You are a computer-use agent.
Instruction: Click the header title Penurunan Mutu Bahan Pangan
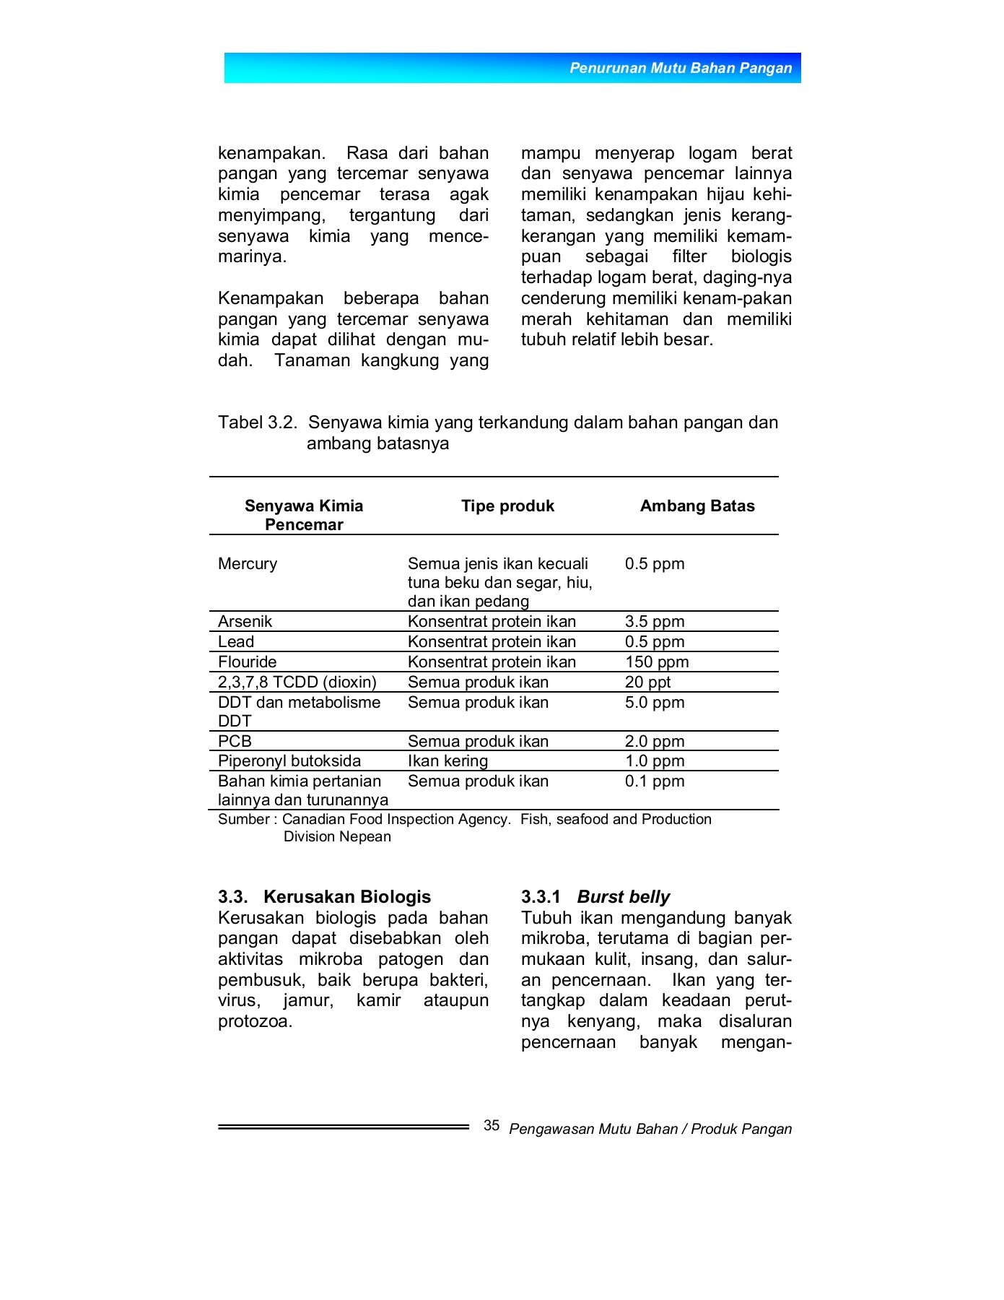pos(680,68)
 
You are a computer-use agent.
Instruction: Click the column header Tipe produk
pos(507,506)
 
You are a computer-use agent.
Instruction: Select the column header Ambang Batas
pos(697,506)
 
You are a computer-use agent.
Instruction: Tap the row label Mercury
pos(248,563)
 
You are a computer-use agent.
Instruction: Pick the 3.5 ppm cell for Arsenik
pos(654,621)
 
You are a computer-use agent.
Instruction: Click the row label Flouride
pos(247,662)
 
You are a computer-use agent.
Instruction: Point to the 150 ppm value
pos(656,662)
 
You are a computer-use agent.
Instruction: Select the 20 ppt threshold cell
pos(647,682)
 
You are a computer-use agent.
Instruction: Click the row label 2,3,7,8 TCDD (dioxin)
pos(297,682)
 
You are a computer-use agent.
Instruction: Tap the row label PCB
pos(235,741)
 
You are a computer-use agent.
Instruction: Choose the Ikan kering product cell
pos(448,760)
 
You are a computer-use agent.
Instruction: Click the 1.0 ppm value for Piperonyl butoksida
pos(654,760)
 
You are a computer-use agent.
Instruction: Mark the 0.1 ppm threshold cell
pos(654,781)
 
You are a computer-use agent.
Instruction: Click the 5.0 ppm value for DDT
pos(654,702)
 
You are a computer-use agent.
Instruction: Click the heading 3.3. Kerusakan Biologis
pos(324,896)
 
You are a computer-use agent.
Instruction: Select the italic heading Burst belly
pos(623,896)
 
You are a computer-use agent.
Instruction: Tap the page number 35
pos(492,1125)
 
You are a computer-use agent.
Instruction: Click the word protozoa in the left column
pos(254,1021)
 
